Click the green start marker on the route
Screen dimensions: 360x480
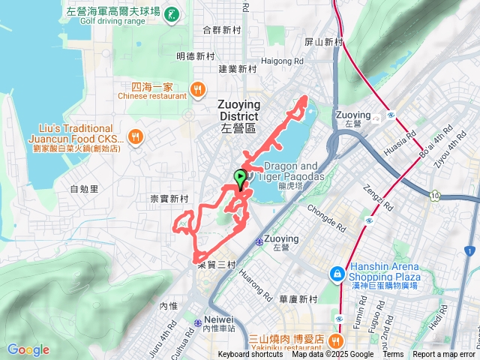240,178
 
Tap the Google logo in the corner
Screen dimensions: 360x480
28,349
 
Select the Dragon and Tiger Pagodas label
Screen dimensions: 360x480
292,171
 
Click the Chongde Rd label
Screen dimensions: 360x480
325,206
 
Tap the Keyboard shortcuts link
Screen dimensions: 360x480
250,355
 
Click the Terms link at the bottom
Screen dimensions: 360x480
393,355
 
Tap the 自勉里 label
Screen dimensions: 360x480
83,190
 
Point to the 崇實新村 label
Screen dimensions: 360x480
169,199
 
